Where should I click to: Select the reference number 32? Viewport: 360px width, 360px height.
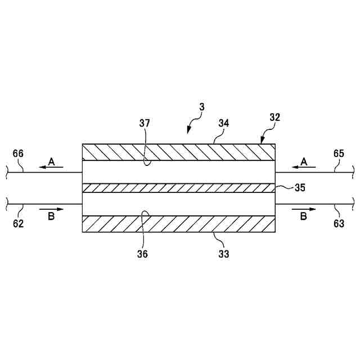(275, 118)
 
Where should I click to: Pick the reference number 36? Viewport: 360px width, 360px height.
(142, 254)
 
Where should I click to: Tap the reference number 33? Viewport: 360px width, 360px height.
(223, 254)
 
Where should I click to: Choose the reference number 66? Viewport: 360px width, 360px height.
(18, 154)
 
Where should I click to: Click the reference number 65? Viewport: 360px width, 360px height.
(339, 152)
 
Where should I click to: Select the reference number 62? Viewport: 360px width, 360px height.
(18, 223)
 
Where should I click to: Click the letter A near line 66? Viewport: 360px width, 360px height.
(51, 161)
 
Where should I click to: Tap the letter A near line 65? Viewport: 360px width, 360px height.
(304, 161)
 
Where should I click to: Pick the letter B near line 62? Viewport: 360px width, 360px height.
(51, 217)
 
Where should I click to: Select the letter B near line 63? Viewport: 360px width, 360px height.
(304, 217)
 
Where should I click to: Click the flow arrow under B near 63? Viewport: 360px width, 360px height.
(304, 209)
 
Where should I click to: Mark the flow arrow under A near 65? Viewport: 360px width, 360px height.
(304, 168)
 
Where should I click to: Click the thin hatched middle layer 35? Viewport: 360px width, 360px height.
(179, 188)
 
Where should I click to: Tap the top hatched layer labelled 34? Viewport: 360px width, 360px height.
(179, 152)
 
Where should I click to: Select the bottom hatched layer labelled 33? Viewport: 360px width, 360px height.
(179, 224)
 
